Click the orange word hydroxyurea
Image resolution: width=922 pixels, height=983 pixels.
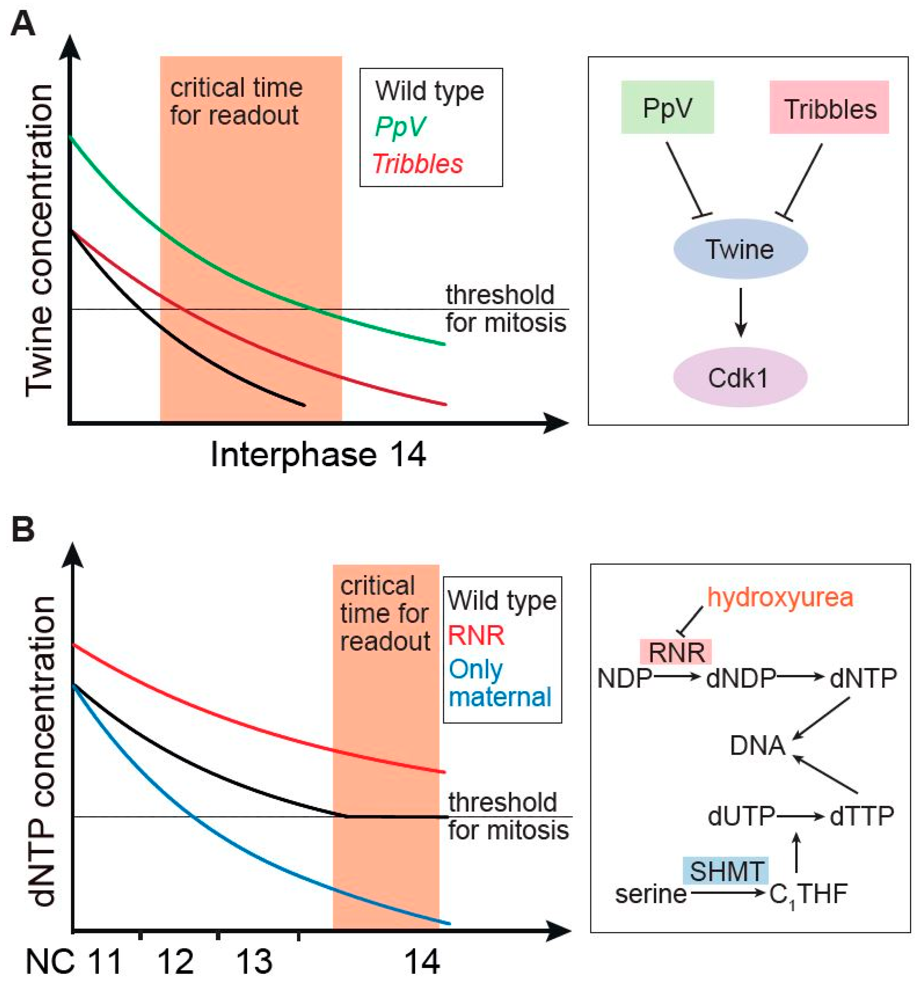(x=780, y=597)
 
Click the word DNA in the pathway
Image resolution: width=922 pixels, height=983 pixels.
(x=757, y=745)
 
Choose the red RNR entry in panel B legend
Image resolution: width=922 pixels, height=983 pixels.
(x=476, y=636)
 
